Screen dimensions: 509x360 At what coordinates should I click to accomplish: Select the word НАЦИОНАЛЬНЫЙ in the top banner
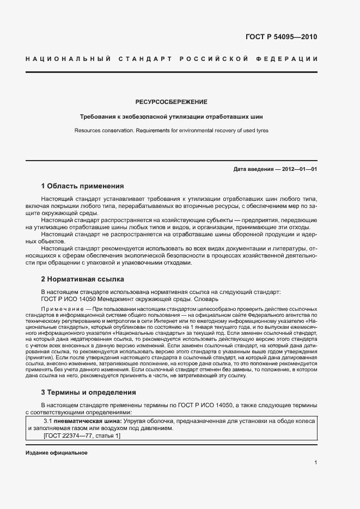pyautogui.click(x=68, y=59)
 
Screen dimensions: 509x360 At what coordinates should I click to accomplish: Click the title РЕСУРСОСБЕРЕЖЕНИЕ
pyautogui.click(x=171, y=102)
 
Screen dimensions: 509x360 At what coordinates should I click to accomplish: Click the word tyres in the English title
pyautogui.click(x=261, y=131)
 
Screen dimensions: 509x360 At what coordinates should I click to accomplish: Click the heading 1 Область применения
pyautogui.click(x=82, y=186)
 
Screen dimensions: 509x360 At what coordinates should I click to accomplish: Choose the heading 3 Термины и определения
pyautogui.click(x=88, y=392)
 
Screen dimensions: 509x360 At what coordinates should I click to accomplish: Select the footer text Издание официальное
pyautogui.click(x=57, y=453)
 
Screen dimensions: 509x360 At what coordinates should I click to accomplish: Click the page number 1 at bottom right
pyautogui.click(x=316, y=463)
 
